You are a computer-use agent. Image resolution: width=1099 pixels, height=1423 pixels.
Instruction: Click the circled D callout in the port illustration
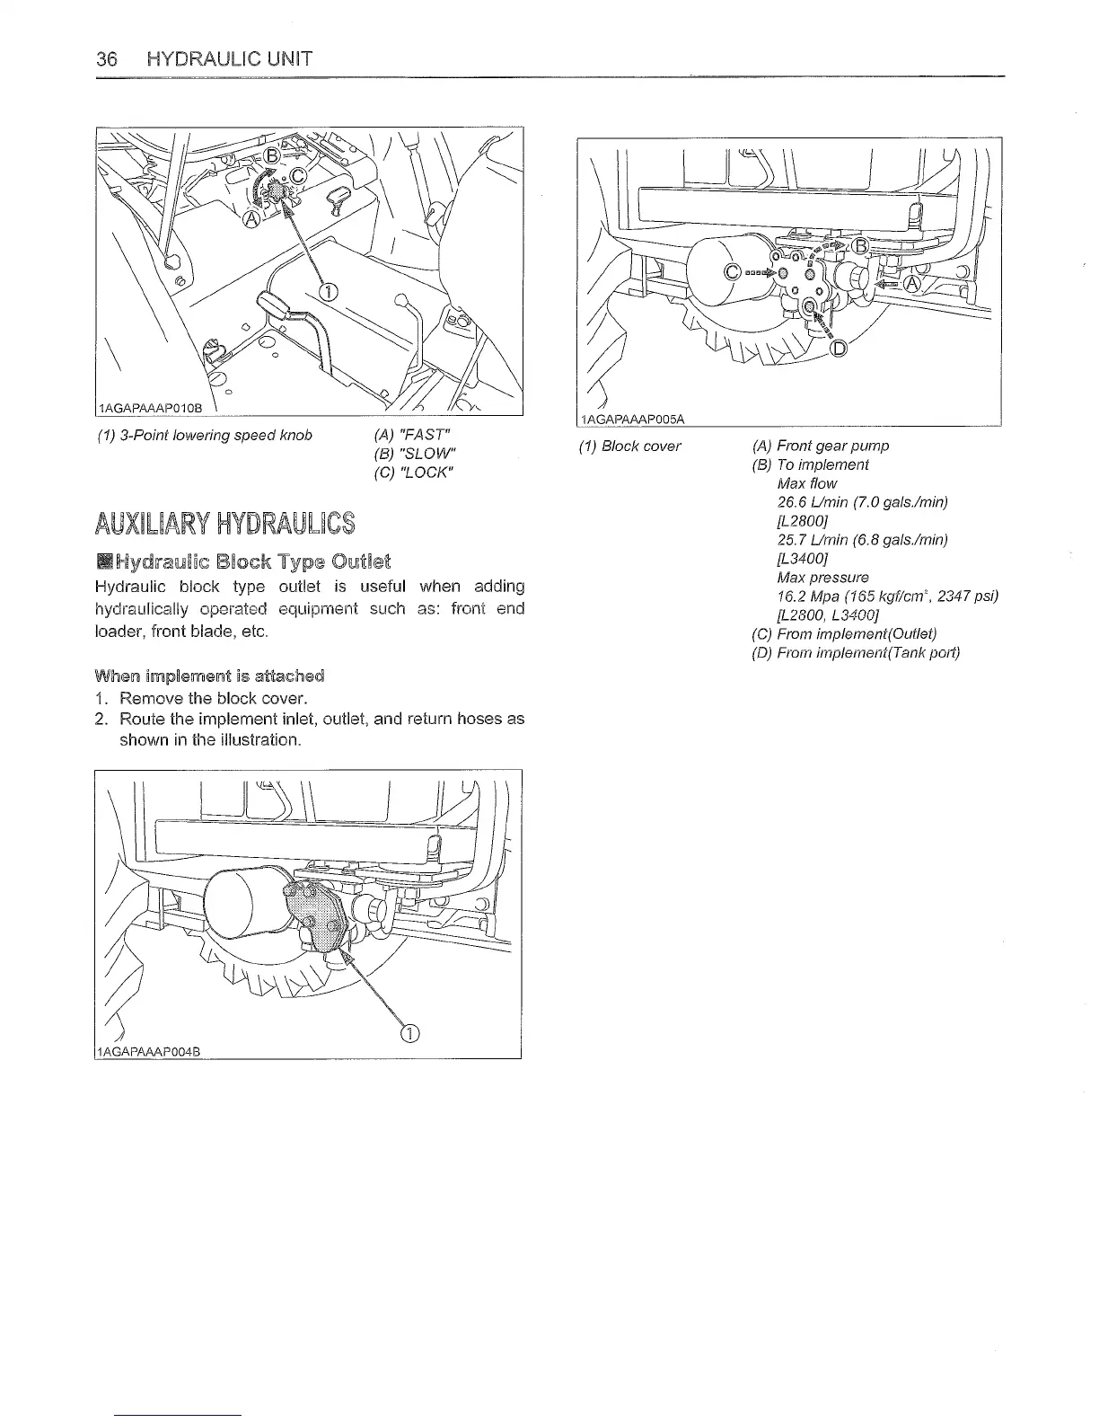(840, 349)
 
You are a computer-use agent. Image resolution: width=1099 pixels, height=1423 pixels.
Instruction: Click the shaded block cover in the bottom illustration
(317, 915)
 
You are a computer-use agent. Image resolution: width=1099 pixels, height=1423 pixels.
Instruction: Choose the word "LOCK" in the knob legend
(417, 472)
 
